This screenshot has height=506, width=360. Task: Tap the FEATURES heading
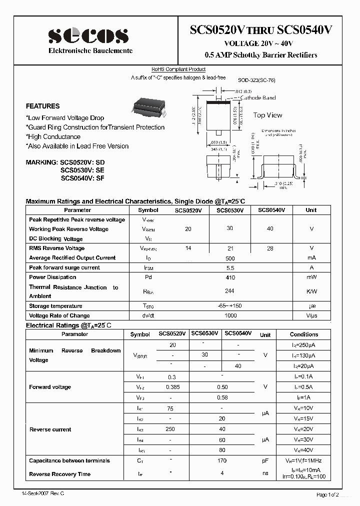tap(42, 106)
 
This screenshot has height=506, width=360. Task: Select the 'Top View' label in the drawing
tap(267, 115)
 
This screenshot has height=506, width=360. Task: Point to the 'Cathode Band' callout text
tap(258, 98)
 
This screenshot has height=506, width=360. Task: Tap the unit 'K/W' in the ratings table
tap(311, 291)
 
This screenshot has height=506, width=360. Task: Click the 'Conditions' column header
tap(304, 334)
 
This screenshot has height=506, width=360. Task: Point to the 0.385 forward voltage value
tap(172, 387)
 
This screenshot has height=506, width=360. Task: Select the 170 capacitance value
tap(222, 461)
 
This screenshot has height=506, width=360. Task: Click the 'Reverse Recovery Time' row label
tap(59, 474)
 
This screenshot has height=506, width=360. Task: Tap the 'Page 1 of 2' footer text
tap(327, 494)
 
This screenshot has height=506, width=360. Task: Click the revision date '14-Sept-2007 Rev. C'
tap(43, 493)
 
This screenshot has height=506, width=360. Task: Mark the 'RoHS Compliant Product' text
tap(178, 69)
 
